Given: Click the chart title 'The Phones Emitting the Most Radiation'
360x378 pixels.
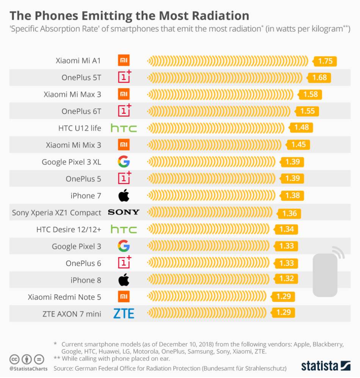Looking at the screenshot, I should click(129, 16).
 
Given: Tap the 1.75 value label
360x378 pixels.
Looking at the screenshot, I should click(325, 61).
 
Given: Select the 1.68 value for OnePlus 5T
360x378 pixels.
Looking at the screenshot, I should click(319, 78).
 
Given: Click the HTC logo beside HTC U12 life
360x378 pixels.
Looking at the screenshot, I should click(124, 128).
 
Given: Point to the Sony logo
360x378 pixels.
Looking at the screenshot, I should click(124, 212).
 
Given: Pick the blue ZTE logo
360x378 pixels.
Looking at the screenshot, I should click(124, 314).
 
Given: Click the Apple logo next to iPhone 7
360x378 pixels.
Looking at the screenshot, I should click(124, 196).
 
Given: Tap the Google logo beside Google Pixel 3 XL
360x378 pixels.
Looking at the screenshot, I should click(124, 162).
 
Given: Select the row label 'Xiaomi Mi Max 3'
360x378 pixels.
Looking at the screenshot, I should click(72, 94).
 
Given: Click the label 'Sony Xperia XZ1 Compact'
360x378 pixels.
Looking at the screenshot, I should click(56, 213).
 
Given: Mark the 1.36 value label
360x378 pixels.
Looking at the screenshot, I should click(290, 213).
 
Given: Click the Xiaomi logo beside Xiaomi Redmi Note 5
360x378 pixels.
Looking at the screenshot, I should click(124, 297).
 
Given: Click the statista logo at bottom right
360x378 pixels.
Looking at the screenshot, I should click(326, 366).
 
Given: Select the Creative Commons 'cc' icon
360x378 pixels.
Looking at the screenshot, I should click(14, 359).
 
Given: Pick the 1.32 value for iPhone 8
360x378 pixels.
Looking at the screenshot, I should click(286, 279).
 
